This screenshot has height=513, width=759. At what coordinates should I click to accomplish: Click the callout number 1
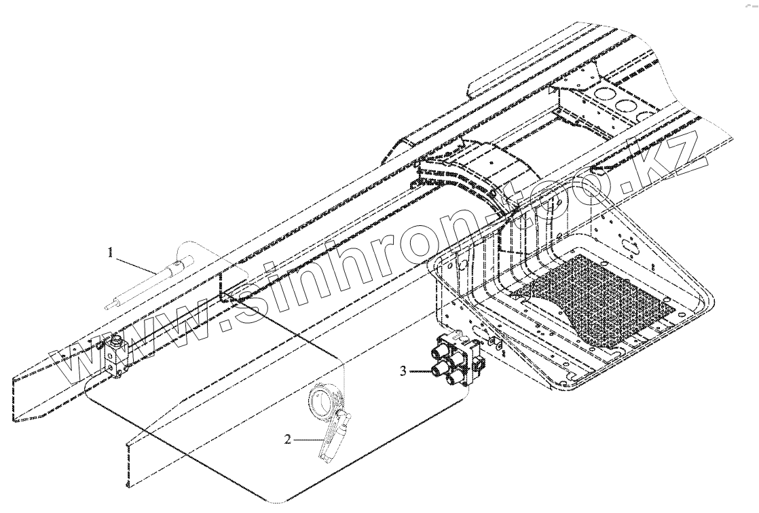(109, 253)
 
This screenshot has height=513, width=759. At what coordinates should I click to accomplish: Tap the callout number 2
(288, 439)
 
